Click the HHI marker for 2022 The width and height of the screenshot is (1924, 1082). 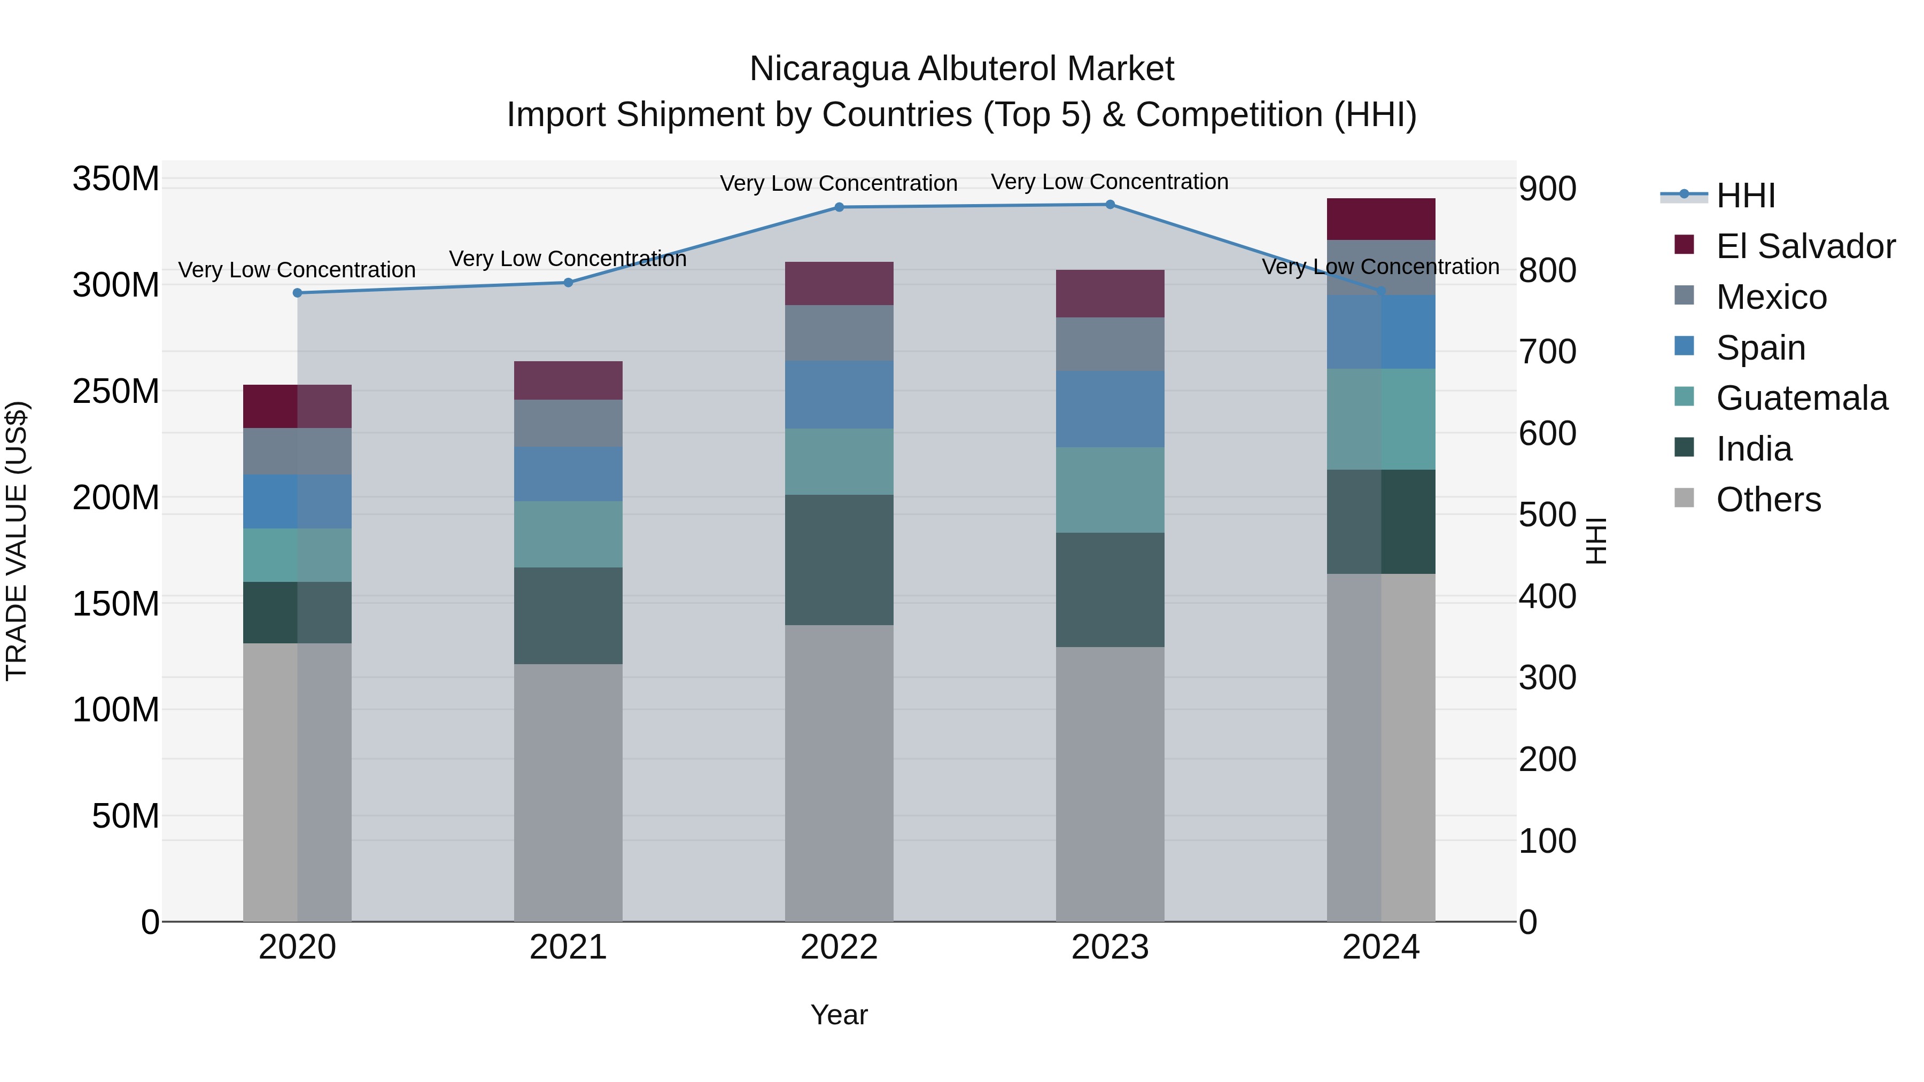coord(839,207)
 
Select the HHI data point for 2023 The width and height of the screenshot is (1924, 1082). coord(1110,205)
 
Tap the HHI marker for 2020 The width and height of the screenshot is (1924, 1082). coord(297,293)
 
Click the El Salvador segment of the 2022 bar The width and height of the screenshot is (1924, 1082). coord(839,283)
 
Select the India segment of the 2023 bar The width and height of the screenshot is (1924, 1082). coord(1110,589)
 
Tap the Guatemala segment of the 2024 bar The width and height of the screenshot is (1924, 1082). coord(1381,419)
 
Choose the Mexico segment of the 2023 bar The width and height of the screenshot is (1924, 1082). coord(1110,344)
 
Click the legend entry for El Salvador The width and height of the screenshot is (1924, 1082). coord(1804,246)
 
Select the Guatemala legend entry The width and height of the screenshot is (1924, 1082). coord(1801,398)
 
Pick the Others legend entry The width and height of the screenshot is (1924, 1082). coord(1768,500)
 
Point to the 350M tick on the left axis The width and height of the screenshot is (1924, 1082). coord(116,179)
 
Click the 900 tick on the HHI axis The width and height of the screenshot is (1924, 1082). coord(1548,189)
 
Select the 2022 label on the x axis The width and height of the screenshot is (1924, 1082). coord(839,947)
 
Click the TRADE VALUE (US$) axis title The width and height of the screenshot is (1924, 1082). coord(17,541)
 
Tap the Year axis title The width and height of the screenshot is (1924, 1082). coord(839,1015)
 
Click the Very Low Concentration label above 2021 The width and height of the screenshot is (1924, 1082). coord(568,259)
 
